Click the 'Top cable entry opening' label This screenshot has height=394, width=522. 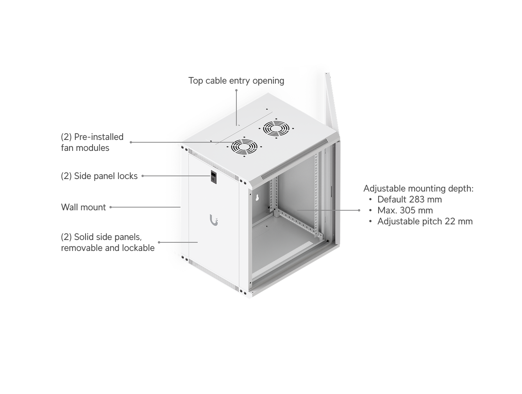click(236, 81)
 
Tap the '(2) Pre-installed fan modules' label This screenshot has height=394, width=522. click(92, 142)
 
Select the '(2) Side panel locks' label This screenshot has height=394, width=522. click(99, 176)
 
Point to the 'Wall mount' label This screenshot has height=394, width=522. click(83, 207)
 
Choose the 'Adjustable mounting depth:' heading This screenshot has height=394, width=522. click(418, 189)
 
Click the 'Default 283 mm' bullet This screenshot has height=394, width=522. click(409, 200)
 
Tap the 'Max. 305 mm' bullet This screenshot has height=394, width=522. click(405, 211)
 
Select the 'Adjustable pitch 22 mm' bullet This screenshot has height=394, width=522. click(425, 222)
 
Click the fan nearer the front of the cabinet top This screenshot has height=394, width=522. click(244, 147)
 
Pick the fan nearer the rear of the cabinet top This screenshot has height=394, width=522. click(276, 129)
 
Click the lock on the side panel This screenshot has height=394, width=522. click(213, 177)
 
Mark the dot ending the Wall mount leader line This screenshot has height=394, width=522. click(111, 207)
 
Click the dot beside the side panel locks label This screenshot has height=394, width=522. click(143, 176)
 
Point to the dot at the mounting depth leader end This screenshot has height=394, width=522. click(359, 210)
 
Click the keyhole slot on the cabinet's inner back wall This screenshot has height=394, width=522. click(257, 198)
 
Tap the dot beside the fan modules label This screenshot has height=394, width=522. click(130, 142)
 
